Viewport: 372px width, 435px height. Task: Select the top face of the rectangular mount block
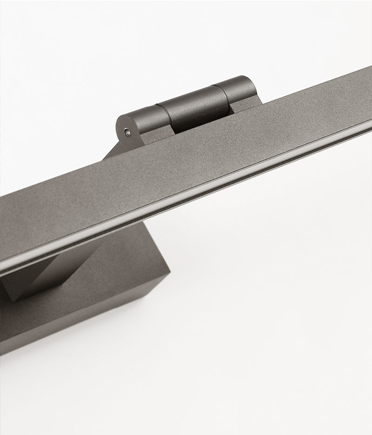coord(116,260)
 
